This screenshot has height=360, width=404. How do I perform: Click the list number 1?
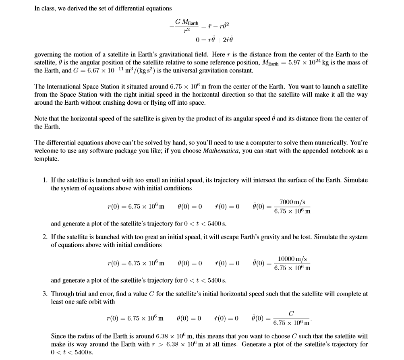pyautogui.click(x=45, y=180)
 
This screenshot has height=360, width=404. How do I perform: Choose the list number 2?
pyautogui.click(x=45, y=237)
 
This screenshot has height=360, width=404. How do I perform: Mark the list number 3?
pyautogui.click(x=45, y=294)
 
